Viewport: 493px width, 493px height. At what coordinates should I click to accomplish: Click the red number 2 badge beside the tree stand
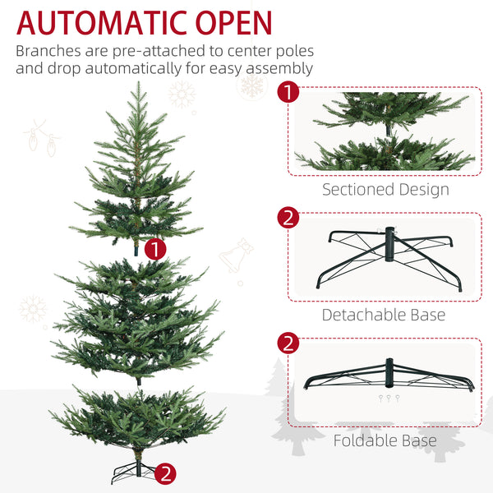point(166,472)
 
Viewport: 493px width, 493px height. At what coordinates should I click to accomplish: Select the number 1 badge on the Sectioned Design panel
point(288,91)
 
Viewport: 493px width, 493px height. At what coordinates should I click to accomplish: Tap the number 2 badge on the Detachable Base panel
point(288,218)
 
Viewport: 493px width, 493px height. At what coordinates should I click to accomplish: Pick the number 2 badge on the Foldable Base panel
point(288,342)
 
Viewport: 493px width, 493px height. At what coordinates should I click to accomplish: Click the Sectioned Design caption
point(385,190)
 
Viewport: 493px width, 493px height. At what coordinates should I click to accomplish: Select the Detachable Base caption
point(384,315)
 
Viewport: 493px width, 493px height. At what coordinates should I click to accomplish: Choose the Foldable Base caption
point(385,440)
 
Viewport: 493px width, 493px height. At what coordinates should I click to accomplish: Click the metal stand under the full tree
point(134,472)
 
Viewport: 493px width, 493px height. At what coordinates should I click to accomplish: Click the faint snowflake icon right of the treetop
point(182,94)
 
